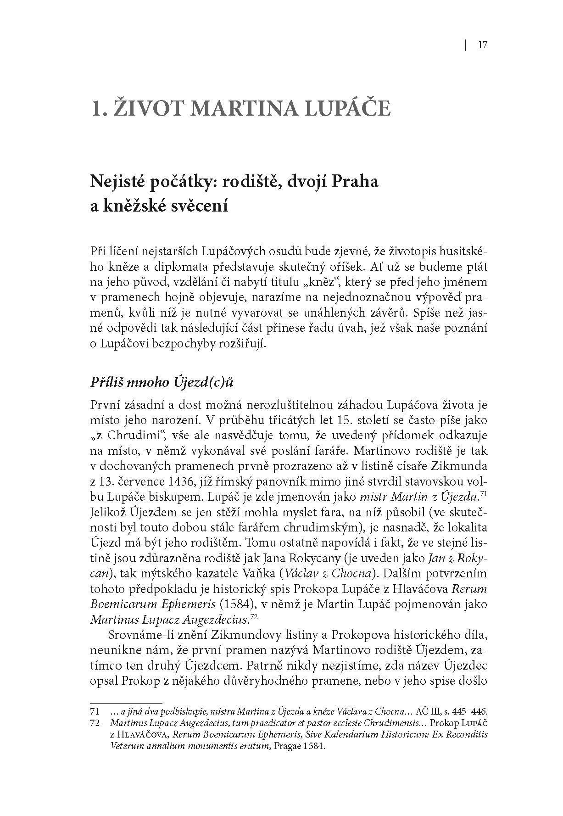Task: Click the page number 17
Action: [482, 45]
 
